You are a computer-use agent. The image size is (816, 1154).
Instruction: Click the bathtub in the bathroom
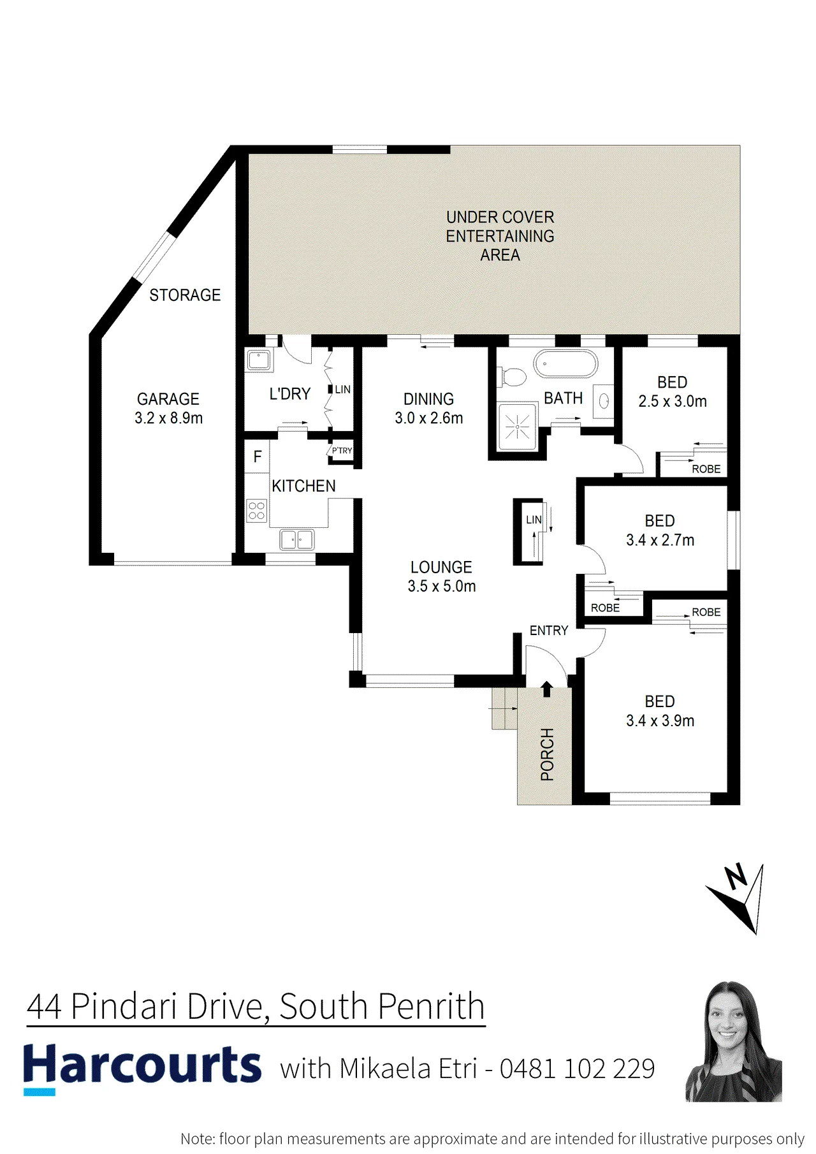(565, 364)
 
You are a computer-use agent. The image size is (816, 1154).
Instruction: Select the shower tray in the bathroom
(518, 425)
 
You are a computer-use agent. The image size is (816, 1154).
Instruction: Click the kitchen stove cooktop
(256, 511)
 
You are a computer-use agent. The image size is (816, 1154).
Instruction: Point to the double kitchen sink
(297, 539)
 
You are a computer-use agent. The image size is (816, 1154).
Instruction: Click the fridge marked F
(258, 457)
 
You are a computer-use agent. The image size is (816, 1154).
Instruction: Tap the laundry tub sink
(259, 360)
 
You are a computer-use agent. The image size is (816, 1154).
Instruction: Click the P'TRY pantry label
(342, 451)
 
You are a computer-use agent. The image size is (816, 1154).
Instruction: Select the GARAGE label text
(168, 399)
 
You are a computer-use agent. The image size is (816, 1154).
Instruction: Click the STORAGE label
(185, 295)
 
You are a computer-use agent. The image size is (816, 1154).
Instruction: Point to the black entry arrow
(546, 689)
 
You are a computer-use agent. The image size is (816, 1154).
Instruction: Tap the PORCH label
(547, 754)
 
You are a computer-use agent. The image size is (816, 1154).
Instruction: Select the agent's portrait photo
(734, 1041)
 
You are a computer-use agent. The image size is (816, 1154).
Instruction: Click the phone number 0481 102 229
(577, 1069)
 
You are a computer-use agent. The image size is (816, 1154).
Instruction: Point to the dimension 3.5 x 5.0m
(442, 587)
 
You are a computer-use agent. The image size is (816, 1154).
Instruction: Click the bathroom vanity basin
(603, 401)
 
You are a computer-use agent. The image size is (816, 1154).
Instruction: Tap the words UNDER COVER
(500, 217)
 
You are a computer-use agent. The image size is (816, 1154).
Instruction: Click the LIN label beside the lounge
(534, 520)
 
